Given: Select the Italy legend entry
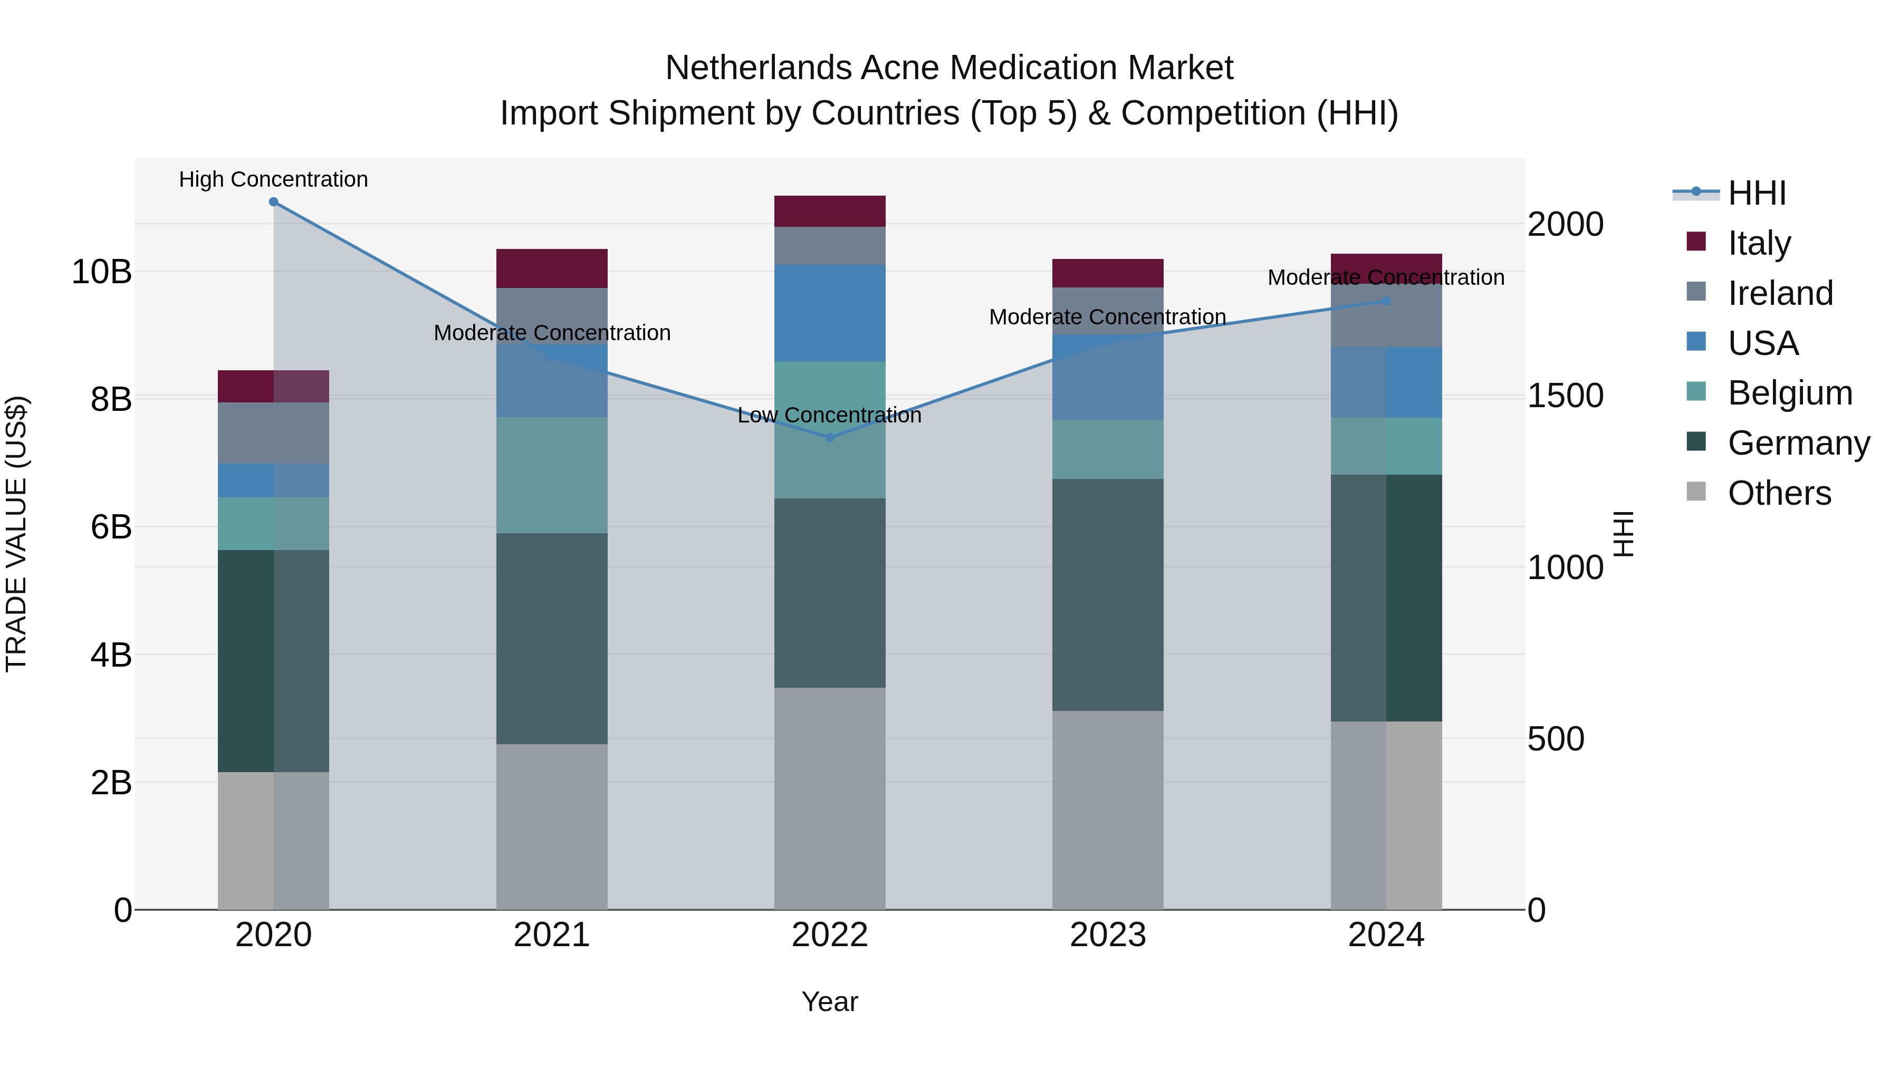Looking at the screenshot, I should click(1759, 243).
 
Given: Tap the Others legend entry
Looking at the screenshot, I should click(1779, 493).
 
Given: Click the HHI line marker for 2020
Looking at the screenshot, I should click(273, 202).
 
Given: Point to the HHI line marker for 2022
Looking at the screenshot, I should click(830, 438).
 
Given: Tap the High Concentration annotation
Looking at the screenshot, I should click(273, 180).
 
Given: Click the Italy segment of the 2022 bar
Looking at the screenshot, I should click(830, 211).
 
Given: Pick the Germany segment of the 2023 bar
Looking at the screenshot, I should click(1108, 595).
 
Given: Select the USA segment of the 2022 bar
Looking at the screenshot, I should click(830, 313).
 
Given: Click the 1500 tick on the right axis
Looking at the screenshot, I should click(1565, 396).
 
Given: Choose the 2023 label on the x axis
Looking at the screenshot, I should click(1108, 935).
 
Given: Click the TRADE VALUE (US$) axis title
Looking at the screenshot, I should click(16, 534).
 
